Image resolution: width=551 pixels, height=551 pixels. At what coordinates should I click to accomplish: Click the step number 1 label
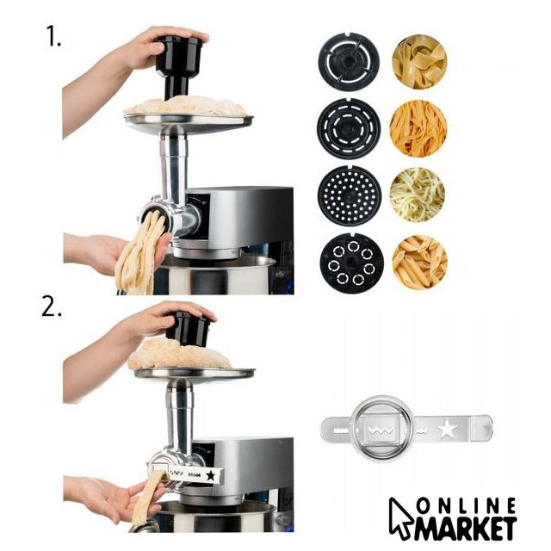click(53, 36)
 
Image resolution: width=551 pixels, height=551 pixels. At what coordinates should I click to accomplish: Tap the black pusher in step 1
click(178, 65)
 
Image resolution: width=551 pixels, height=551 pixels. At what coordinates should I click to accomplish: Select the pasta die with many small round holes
click(350, 196)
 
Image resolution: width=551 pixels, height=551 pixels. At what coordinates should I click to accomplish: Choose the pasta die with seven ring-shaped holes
click(351, 263)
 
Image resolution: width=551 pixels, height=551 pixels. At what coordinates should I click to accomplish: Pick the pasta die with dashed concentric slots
click(349, 128)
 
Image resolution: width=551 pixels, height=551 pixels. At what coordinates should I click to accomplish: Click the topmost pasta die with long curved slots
click(349, 62)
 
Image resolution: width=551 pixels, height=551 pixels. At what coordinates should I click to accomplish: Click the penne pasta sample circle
click(419, 262)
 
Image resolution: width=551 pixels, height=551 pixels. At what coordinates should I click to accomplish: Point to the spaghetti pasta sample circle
click(418, 195)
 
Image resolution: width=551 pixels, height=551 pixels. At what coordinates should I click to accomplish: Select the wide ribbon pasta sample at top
click(419, 61)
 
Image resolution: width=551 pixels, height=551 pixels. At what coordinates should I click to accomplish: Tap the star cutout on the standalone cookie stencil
click(448, 429)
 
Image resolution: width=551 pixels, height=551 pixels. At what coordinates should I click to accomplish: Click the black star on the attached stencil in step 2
click(210, 475)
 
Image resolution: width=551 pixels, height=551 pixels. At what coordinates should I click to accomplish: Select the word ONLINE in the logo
click(467, 505)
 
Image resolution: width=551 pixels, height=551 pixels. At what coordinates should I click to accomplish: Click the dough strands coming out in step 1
click(140, 257)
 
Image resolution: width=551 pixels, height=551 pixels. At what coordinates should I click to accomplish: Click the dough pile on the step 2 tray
click(180, 354)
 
